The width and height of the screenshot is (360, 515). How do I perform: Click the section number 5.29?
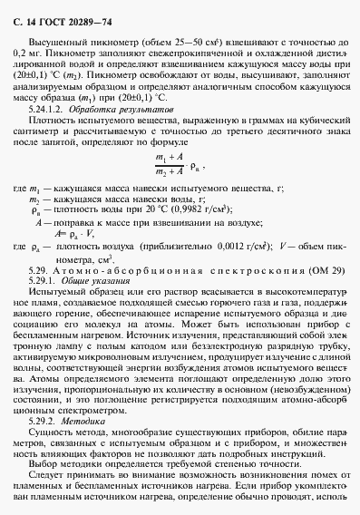tap(41, 271)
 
